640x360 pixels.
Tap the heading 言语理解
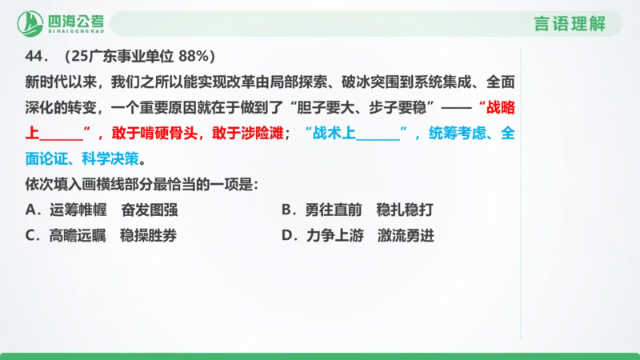(570, 24)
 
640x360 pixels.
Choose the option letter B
(287, 210)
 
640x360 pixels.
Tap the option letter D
(287, 236)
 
